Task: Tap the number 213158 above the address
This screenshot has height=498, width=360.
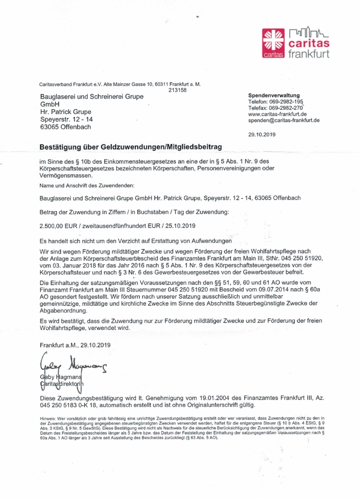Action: (x=178, y=90)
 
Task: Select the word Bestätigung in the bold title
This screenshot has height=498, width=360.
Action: (x=64, y=147)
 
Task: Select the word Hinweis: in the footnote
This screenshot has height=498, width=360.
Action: (x=48, y=418)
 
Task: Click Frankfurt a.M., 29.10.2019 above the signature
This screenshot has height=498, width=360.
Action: (x=76, y=345)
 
